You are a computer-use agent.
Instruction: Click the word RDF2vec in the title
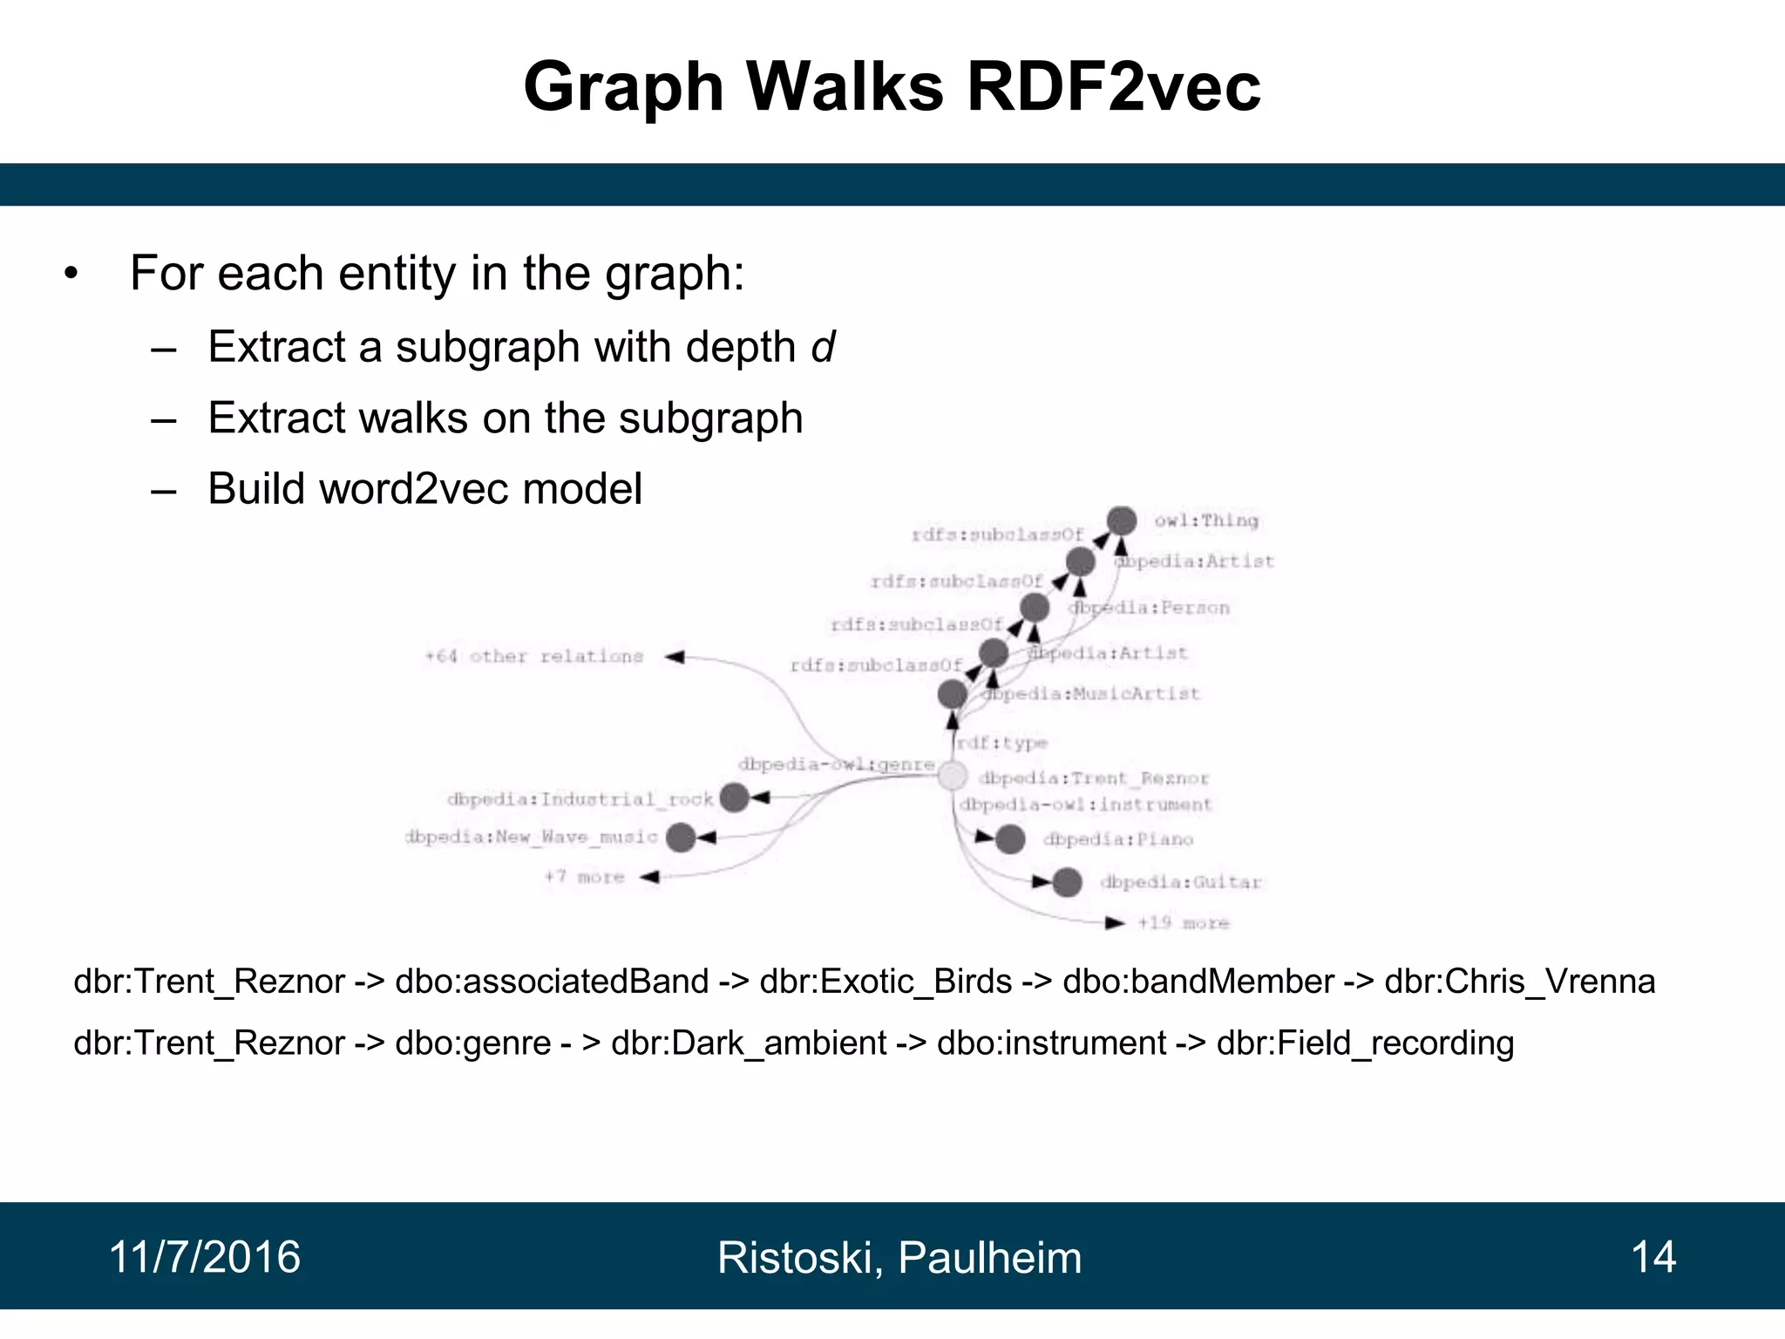(1113, 87)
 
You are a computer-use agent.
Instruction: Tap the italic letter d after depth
(823, 347)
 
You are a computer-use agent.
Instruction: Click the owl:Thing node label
(1206, 520)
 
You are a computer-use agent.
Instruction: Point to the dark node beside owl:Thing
(1122, 520)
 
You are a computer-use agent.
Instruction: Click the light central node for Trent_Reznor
(953, 775)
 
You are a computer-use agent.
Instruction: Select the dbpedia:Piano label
(1118, 839)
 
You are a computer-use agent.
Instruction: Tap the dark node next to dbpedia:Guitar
(1067, 882)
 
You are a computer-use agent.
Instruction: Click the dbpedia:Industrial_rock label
(580, 799)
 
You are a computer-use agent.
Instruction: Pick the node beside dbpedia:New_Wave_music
(681, 838)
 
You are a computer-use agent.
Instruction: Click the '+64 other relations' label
(533, 656)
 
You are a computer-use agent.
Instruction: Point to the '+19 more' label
(1184, 922)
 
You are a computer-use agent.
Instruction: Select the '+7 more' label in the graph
(584, 877)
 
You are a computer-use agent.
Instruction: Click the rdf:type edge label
(1001, 743)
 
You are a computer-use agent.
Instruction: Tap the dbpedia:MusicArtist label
(1091, 694)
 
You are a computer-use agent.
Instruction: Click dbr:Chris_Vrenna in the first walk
(1519, 982)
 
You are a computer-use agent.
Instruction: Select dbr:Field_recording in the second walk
(1365, 1043)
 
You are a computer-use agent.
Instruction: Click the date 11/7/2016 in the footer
(205, 1257)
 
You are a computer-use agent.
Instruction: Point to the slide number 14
(1653, 1257)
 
